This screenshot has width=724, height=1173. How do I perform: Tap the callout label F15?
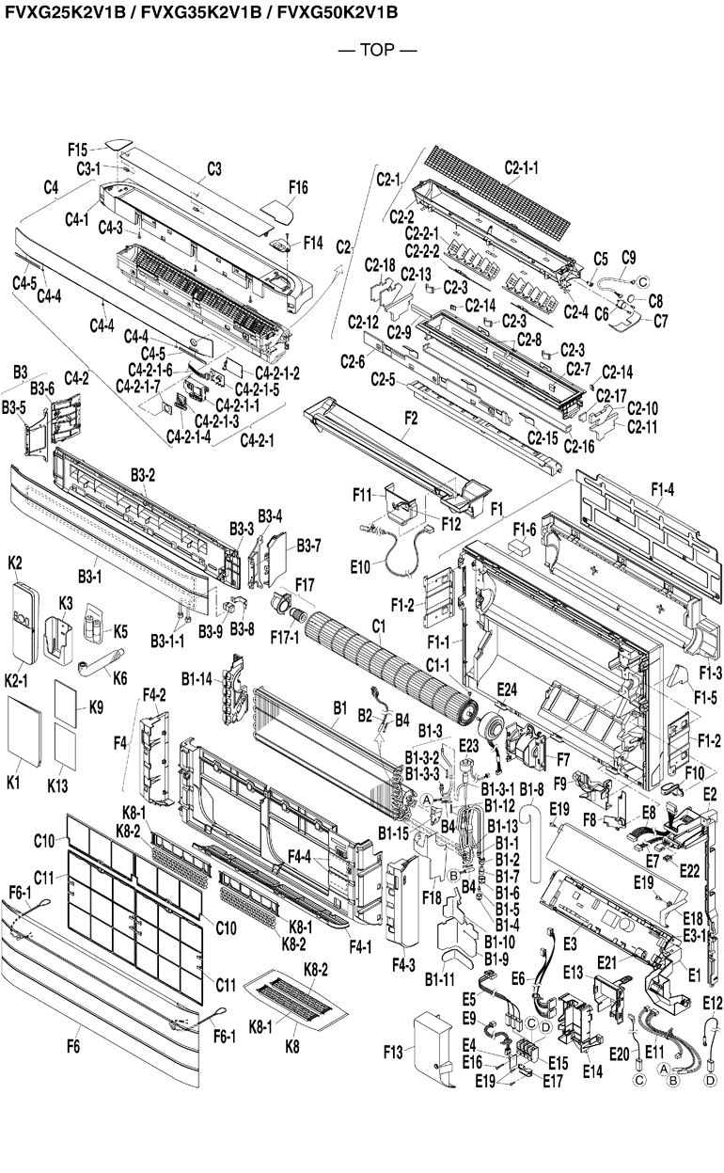coord(78,150)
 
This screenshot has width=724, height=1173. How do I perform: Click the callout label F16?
coord(298,188)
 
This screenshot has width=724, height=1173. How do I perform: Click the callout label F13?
coord(397,1051)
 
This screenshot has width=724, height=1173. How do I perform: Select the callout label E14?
coord(592,1070)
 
